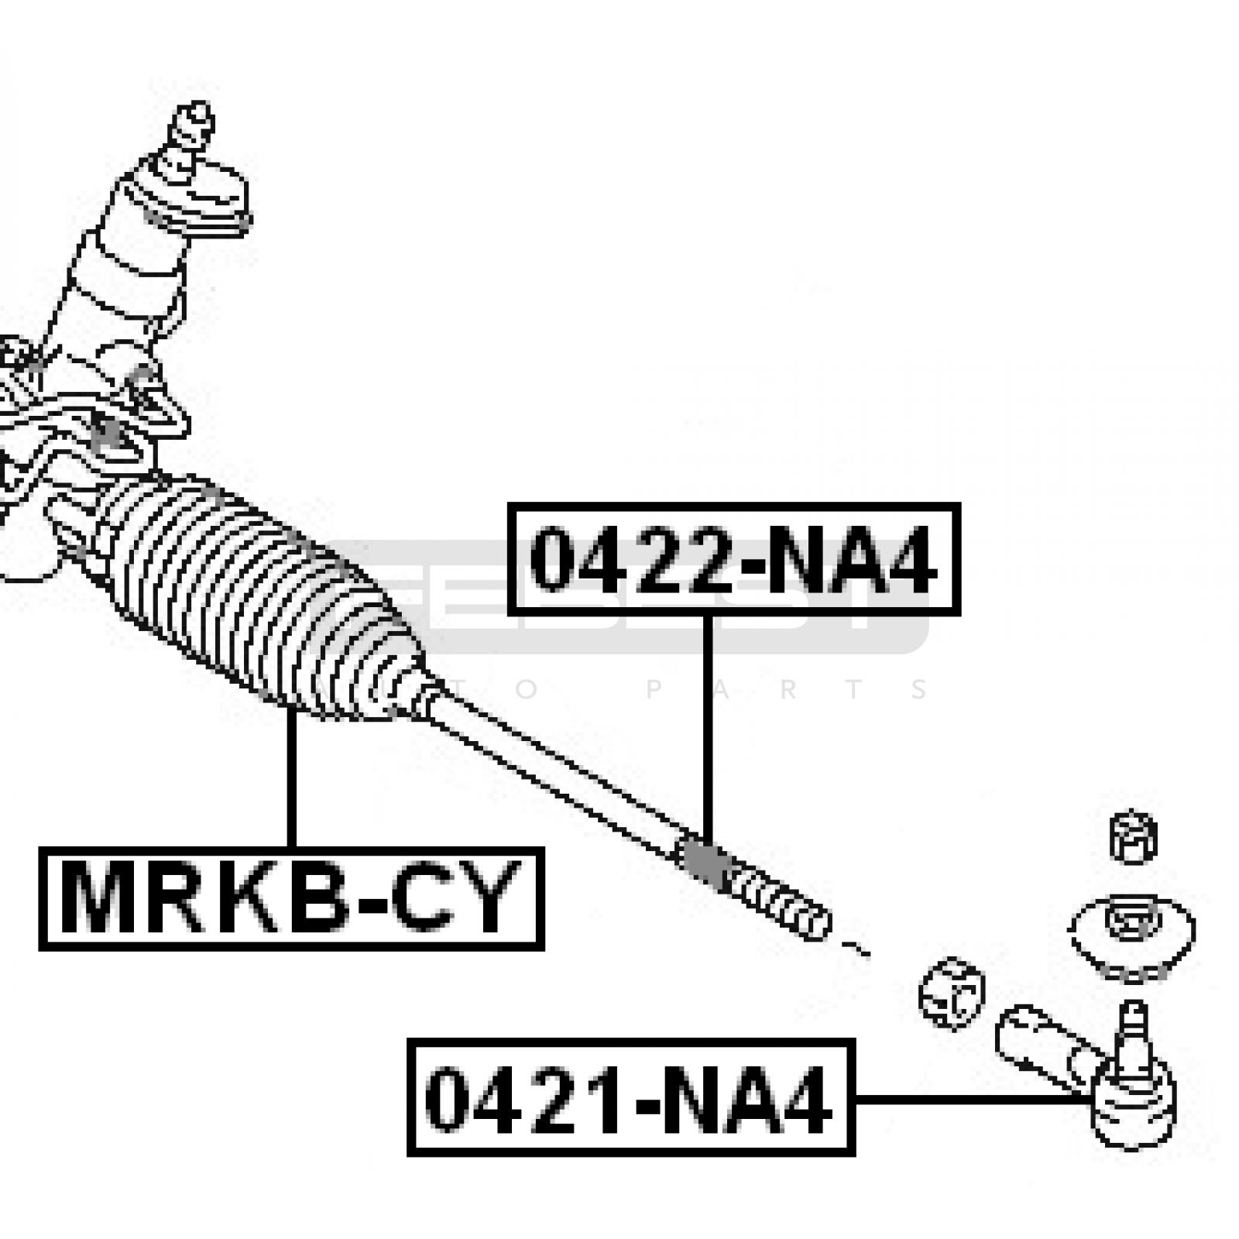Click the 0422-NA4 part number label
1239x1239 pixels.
[x=733, y=559]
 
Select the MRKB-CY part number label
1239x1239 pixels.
[x=291, y=898]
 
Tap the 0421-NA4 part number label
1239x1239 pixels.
[x=630, y=1098]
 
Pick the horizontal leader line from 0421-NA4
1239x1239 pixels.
[x=968, y=1098]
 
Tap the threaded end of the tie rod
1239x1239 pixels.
[x=782, y=902]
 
